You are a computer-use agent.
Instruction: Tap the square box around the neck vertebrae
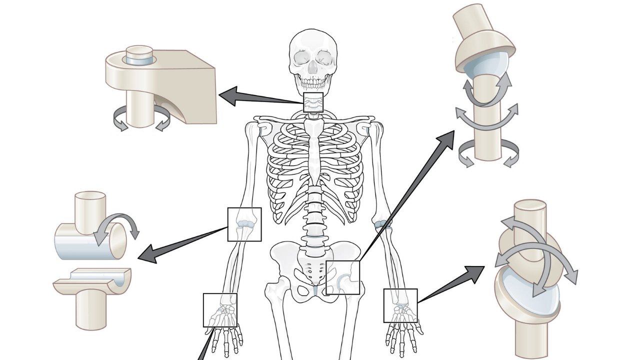pyautogui.click(x=313, y=102)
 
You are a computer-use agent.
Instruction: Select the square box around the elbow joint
pyautogui.click(x=244, y=224)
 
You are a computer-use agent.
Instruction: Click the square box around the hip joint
pyautogui.click(x=342, y=277)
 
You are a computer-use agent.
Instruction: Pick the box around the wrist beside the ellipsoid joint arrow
pyautogui.click(x=400, y=305)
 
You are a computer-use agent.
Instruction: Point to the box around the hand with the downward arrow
pyautogui.click(x=220, y=310)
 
